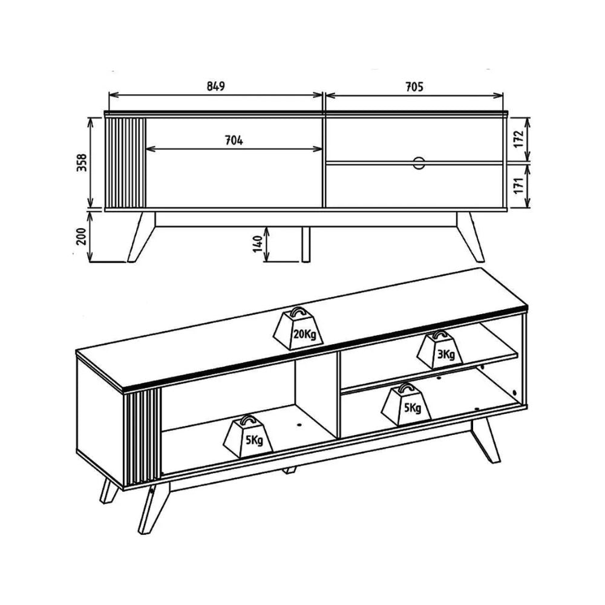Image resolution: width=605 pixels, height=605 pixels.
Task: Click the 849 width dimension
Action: pos(216,86)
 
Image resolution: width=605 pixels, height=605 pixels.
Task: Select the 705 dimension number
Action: pos(414,87)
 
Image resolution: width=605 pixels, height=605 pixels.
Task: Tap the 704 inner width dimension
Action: pos(234,140)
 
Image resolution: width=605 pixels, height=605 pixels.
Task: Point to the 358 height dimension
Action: pos(82,162)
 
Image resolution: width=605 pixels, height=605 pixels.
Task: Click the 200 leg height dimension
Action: pos(82,236)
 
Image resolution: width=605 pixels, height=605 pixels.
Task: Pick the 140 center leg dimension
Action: pos(258,243)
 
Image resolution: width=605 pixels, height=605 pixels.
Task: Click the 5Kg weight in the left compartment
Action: pos(249,436)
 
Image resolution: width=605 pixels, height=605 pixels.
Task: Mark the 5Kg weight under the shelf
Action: pos(406,404)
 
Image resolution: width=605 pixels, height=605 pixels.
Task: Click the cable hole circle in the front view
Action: pos(419,163)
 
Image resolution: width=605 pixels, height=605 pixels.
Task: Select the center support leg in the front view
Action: pos(306,244)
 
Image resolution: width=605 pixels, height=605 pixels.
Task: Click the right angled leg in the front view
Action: pos(471,236)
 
